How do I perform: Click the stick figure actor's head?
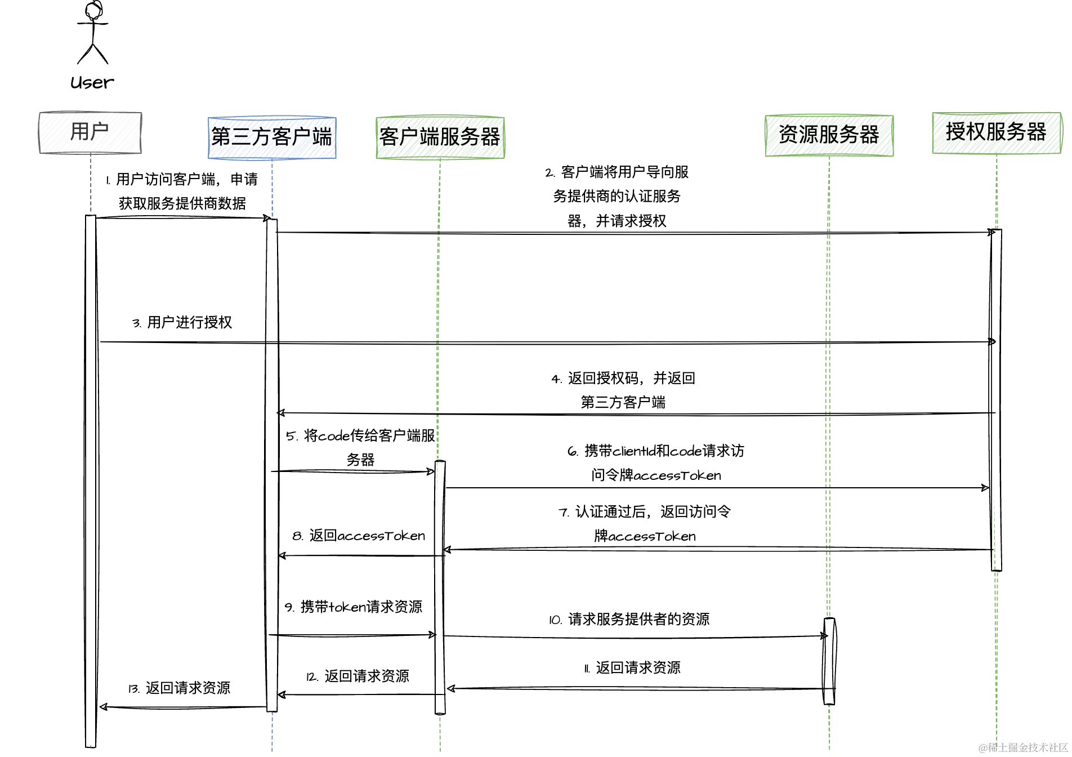click(x=93, y=11)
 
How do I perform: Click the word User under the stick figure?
click(x=92, y=83)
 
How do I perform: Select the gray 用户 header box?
click(x=90, y=132)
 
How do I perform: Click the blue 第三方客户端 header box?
click(x=272, y=137)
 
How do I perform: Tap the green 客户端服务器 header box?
click(x=440, y=137)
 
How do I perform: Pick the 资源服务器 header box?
click(x=829, y=135)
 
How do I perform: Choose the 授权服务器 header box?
click(x=996, y=132)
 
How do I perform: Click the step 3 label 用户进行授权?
click(x=182, y=323)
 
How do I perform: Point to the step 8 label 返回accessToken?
click(x=359, y=536)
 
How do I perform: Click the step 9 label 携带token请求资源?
click(x=354, y=607)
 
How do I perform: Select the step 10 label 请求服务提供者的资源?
click(x=629, y=620)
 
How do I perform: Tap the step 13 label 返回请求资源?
click(x=180, y=688)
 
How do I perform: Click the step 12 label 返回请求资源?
click(x=358, y=676)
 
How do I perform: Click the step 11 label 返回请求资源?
click(x=632, y=668)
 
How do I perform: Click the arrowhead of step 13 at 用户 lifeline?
click(x=103, y=707)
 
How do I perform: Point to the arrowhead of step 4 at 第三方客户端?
click(x=280, y=413)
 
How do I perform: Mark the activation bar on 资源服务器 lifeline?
click(x=829, y=661)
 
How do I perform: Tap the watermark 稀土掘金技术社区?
click(x=1024, y=747)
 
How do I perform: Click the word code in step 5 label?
click(x=334, y=436)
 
